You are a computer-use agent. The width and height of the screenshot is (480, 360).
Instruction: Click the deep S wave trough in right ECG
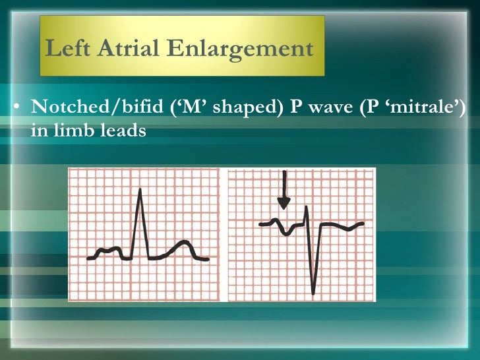pyautogui.click(x=313, y=293)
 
